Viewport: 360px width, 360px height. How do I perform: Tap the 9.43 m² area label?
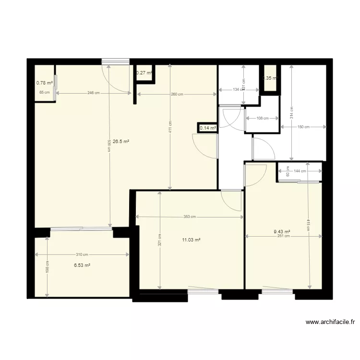click(x=282, y=231)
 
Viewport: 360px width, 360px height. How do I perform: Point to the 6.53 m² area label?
click(x=82, y=265)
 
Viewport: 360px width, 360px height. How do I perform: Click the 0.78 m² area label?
click(x=45, y=83)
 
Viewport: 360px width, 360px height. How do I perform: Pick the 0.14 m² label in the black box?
click(x=207, y=128)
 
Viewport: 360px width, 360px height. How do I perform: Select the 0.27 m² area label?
click(x=144, y=73)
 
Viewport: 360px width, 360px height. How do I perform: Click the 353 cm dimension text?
click(x=190, y=217)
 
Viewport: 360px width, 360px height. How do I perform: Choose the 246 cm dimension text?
click(x=94, y=93)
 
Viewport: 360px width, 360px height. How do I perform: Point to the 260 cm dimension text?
click(x=177, y=94)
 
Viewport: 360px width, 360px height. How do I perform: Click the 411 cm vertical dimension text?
click(x=171, y=127)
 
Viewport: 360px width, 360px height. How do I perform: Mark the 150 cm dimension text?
click(x=303, y=127)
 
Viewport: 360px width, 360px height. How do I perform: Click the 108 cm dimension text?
click(x=262, y=118)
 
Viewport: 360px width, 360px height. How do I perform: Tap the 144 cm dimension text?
click(x=300, y=171)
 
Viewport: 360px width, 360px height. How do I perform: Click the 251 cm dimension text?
click(x=283, y=236)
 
